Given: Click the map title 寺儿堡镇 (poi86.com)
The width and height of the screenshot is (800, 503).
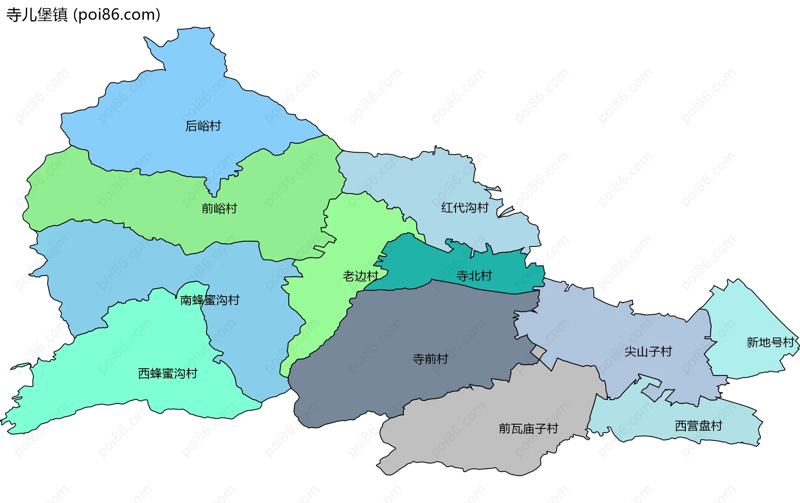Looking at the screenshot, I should [83, 15].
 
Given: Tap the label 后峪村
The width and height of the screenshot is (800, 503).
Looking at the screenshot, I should [203, 126].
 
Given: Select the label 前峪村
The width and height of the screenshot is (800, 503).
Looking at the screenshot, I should [219, 208].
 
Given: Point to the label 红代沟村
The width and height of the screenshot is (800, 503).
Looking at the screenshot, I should [465, 207].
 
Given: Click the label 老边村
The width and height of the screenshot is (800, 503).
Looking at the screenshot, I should [360, 276].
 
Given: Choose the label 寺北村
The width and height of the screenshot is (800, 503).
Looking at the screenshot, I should [474, 276].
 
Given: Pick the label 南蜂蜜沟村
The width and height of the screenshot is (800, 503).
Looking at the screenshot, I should [210, 300].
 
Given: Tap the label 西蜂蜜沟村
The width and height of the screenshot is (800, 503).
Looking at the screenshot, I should [167, 373].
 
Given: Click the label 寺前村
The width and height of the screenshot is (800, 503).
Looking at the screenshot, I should [430, 359].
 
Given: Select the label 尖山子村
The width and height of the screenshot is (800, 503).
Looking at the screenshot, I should [648, 352].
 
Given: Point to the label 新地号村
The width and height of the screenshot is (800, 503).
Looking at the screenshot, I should [770, 342].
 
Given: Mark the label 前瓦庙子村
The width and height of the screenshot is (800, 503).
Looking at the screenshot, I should [528, 428].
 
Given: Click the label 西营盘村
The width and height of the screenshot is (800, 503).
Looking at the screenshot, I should [698, 426].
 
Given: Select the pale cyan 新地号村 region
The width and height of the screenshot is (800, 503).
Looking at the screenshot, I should [746, 317].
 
